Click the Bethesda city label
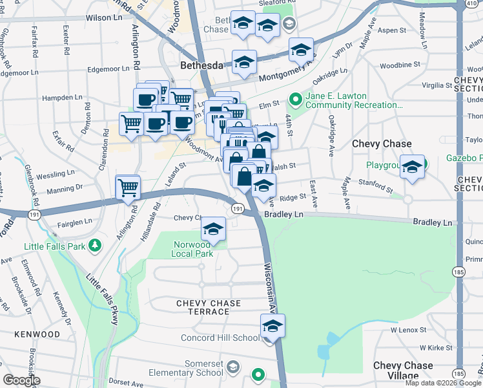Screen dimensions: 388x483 (x=201, y=65)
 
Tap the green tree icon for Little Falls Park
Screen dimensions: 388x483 (x=96, y=245)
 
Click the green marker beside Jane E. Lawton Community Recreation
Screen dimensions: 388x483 (x=296, y=99)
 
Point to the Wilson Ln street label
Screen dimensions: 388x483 (x=104, y=18)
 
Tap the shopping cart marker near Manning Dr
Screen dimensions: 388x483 (x=128, y=187)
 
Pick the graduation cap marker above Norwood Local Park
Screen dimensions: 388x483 (x=213, y=228)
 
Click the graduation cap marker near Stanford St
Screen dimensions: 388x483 (x=411, y=167)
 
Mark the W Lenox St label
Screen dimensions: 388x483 (x=411, y=330)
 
